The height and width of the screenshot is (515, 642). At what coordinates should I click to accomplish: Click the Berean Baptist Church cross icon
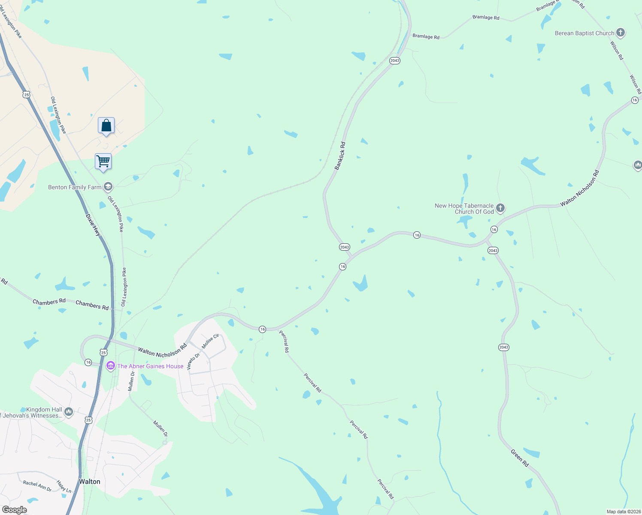[x=620, y=33]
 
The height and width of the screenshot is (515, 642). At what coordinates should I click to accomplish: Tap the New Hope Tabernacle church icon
[x=500, y=209]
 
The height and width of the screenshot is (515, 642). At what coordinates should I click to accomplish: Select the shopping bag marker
[x=106, y=126]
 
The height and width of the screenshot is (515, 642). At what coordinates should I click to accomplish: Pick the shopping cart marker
[x=103, y=162]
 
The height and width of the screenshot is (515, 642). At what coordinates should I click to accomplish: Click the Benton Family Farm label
[x=75, y=187]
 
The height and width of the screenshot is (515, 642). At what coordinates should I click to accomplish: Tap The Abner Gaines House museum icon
[x=110, y=366]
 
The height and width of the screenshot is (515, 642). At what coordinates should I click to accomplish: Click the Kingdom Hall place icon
[x=69, y=412]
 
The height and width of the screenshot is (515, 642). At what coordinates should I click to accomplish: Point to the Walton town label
[x=89, y=482]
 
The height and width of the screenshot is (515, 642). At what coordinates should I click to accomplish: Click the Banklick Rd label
[x=340, y=156]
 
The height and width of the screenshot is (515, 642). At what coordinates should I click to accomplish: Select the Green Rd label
[x=519, y=458]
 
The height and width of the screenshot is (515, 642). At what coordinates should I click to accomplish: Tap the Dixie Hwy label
[x=93, y=225]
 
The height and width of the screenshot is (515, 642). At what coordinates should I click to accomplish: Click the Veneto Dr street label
[x=193, y=361]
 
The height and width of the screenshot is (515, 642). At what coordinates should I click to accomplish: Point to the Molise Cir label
[x=210, y=341]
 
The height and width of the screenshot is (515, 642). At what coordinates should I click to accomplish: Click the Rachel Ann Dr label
[x=37, y=486]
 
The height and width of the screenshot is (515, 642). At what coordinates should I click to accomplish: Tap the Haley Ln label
[x=64, y=486]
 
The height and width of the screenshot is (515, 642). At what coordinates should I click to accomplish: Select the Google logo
[x=15, y=509]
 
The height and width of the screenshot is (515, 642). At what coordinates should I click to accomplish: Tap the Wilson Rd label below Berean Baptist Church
[x=617, y=50]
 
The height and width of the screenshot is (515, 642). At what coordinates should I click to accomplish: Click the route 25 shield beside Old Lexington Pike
[x=27, y=94]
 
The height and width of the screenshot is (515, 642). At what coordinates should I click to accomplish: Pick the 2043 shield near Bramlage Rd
[x=395, y=61]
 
